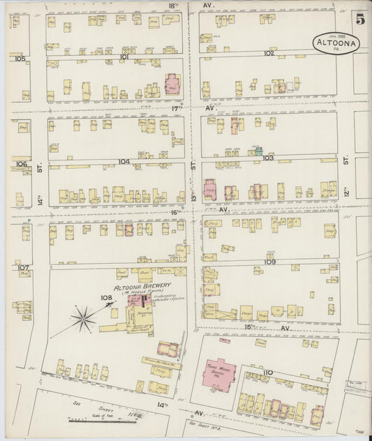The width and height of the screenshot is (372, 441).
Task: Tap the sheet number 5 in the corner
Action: point(359,19)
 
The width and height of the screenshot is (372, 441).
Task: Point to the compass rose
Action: point(83,320)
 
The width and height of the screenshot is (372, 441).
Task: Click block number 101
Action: point(124,57)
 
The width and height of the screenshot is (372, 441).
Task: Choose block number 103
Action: point(268,158)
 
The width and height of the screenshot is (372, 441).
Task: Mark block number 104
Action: point(124,161)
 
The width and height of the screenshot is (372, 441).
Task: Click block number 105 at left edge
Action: point(20,59)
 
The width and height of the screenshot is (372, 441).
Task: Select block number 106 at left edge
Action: point(21,165)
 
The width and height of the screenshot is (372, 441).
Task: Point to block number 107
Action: point(23,267)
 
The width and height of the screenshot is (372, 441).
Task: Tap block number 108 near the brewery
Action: point(106,297)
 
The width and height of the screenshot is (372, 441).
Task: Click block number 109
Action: point(270,262)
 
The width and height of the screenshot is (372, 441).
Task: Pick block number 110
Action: point(267,373)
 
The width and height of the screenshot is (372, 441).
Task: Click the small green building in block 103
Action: point(258,150)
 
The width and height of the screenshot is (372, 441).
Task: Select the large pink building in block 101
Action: point(172,84)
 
